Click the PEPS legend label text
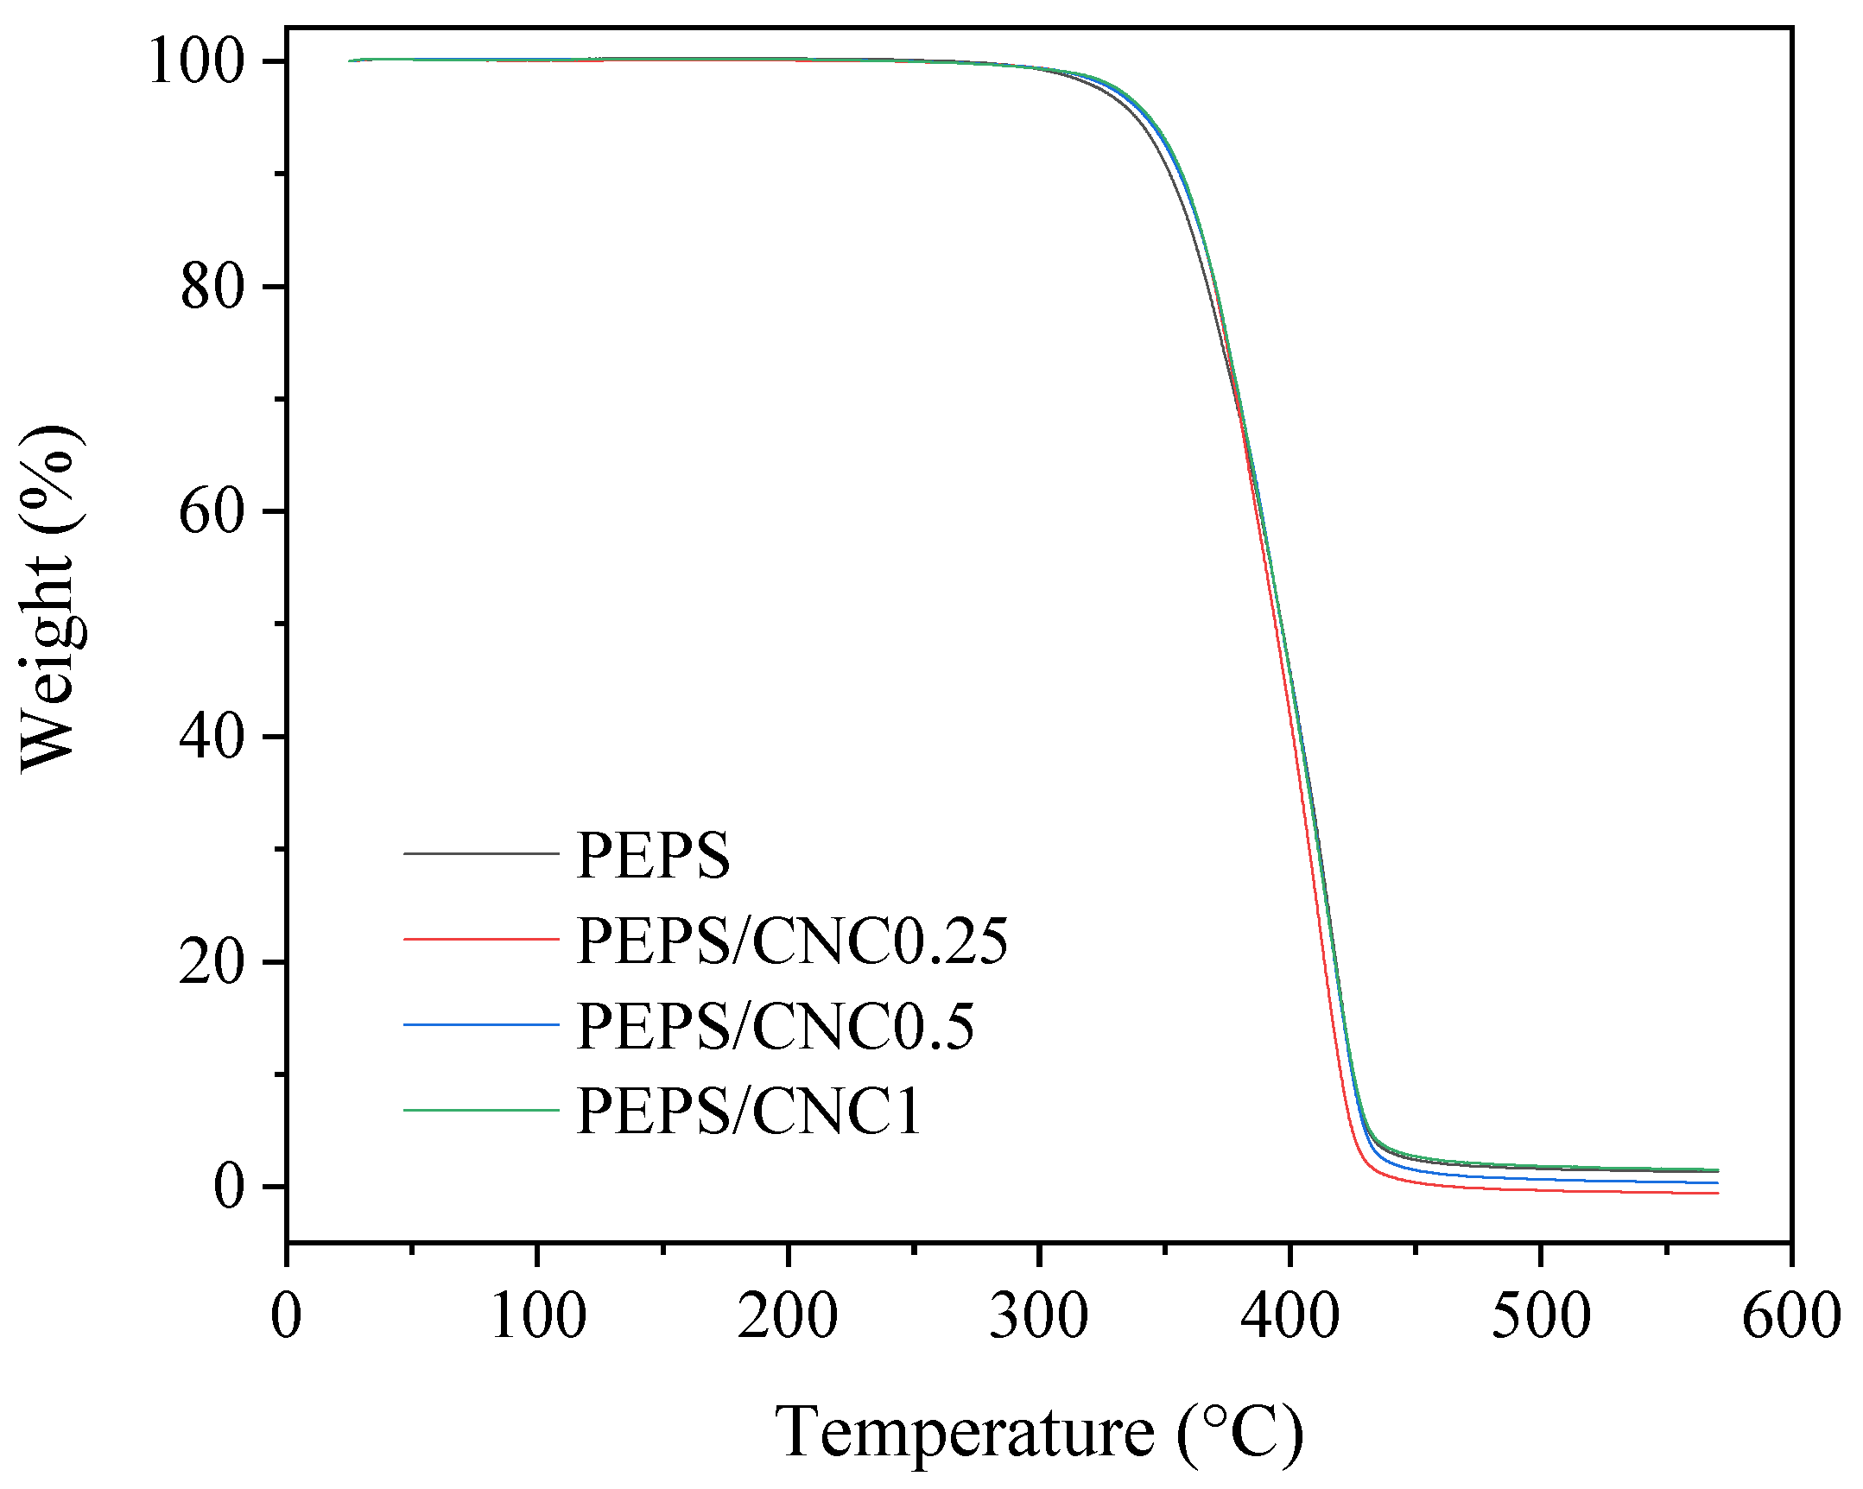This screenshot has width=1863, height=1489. point(652,856)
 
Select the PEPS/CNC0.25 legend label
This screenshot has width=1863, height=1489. point(791,941)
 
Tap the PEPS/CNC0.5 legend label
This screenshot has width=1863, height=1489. point(774,1026)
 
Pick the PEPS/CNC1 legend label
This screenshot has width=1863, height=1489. point(748,1111)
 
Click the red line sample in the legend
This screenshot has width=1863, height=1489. point(481,939)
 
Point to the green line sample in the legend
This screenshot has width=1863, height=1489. point(481,1109)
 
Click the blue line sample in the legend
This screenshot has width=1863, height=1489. point(481,1024)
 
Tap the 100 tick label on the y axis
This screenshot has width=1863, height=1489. point(196,62)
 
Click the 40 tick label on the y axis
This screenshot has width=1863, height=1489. point(212,737)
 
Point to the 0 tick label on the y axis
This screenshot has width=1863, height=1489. point(229,1187)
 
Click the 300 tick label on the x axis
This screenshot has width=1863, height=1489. point(1039,1316)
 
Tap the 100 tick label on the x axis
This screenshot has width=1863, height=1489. point(537,1316)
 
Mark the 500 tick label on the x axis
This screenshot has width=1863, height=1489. point(1541,1316)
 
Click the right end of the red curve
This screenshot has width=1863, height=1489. point(1717,1194)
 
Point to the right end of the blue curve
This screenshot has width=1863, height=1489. point(1717,1182)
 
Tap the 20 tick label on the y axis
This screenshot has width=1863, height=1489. point(212,962)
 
